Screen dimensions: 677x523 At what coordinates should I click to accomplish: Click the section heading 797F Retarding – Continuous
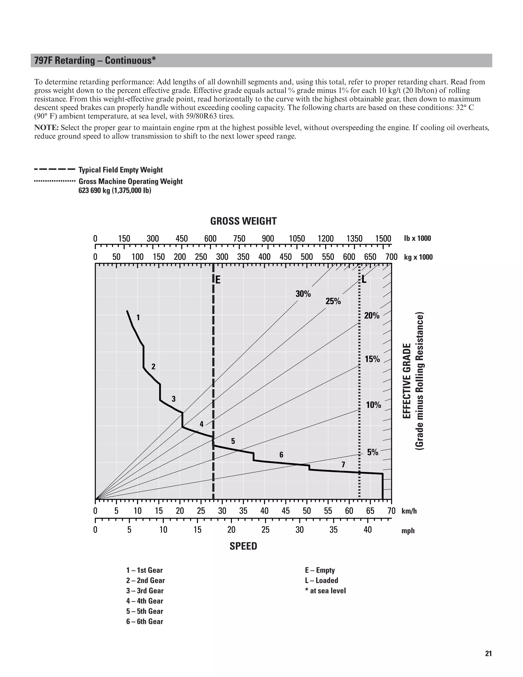(95, 61)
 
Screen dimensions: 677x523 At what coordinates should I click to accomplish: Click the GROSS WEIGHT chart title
(243, 221)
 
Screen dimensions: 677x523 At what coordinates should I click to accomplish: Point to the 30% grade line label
(303, 294)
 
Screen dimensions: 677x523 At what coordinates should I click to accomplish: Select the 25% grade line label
(333, 301)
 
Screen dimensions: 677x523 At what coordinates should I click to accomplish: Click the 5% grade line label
(373, 452)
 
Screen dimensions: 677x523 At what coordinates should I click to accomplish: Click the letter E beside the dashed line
(218, 280)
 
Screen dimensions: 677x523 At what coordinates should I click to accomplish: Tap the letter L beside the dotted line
(364, 279)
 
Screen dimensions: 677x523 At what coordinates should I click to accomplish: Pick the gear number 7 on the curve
(343, 465)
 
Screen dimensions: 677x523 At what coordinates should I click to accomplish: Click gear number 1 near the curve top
(138, 317)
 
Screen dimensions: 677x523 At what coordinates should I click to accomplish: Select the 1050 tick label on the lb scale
(297, 239)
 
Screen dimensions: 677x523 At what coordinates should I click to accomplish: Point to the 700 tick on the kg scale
(391, 257)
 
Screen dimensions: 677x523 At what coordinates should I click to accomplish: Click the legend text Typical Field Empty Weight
(121, 170)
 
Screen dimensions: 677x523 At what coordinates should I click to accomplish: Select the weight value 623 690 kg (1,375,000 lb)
(115, 190)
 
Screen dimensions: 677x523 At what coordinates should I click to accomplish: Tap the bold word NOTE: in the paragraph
(46, 128)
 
